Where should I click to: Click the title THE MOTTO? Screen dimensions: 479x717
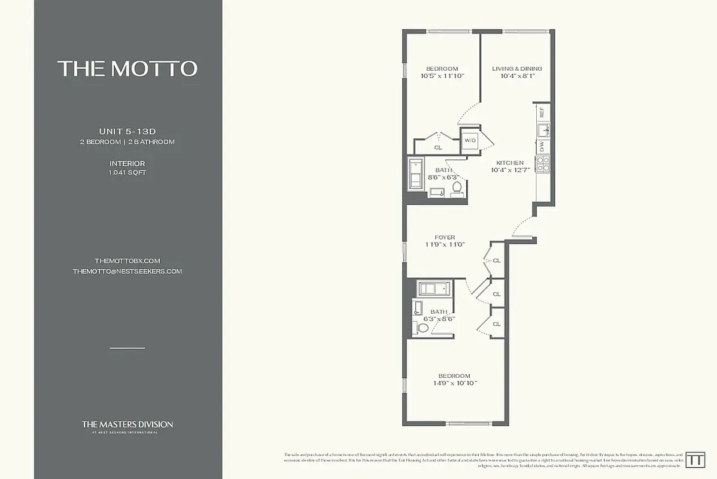pos(127,68)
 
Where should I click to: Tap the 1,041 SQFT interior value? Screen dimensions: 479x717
pos(127,172)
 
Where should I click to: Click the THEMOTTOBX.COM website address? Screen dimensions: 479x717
pos(127,261)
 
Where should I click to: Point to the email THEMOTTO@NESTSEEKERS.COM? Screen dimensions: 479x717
pos(127,271)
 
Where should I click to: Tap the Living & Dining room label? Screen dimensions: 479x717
pos(517,69)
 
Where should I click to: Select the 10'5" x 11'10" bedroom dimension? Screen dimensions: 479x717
pos(442,76)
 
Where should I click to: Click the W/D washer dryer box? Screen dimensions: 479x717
pos(470,141)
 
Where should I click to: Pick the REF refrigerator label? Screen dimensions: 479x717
pos(542,111)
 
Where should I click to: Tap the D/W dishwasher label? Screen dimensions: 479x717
pos(542,145)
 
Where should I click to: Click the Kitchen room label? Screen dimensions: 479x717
pos(509,163)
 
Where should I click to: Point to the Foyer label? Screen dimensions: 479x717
pos(445,238)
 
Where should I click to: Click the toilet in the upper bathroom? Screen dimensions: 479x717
pos(457,187)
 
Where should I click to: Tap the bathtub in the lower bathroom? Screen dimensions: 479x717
pos(436,289)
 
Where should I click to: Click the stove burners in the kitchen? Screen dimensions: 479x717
pos(542,163)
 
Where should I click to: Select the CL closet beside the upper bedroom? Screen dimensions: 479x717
pos(438,147)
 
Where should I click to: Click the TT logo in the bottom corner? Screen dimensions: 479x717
pos(695,460)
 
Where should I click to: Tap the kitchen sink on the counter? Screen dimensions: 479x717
pos(542,129)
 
